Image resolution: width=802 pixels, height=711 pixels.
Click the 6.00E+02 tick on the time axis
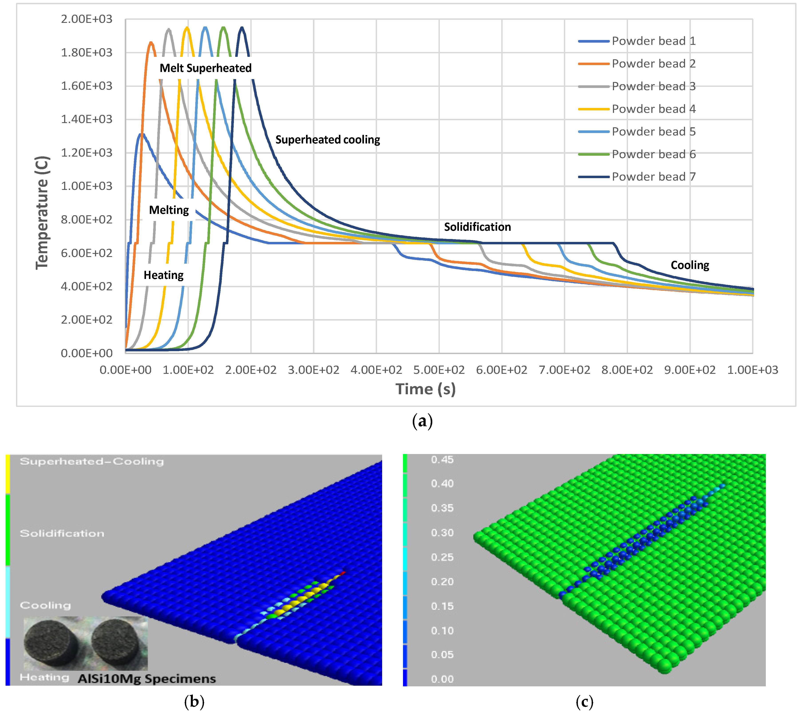(502, 370)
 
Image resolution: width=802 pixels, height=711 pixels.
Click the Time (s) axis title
(425, 389)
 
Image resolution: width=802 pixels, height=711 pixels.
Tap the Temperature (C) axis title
(42, 213)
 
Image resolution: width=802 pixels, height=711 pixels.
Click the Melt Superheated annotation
(205, 68)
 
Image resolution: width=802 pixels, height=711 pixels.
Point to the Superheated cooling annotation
(328, 140)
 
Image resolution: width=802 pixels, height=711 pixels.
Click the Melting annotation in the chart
(169, 210)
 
